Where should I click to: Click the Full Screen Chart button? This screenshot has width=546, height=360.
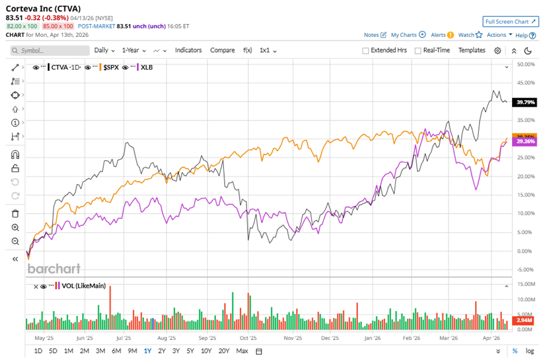pyautogui.click(x=511, y=22)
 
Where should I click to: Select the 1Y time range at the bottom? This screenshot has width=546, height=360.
pyautogui.click(x=147, y=351)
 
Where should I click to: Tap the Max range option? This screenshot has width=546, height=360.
pyautogui.click(x=242, y=351)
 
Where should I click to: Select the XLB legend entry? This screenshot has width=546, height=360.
pyautogui.click(x=146, y=67)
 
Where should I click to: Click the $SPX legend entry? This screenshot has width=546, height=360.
pyautogui.click(x=111, y=67)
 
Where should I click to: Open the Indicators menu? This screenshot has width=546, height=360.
pyautogui.click(x=188, y=50)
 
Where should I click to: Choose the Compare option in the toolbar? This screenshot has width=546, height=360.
pyautogui.click(x=222, y=50)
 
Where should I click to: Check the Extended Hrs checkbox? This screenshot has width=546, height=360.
pyautogui.click(x=366, y=51)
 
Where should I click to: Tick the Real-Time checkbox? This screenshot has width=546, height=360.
pyautogui.click(x=418, y=51)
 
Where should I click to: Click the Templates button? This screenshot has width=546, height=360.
pyautogui.click(x=472, y=50)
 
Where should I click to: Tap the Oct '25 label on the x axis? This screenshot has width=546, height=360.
pyautogui.click(x=248, y=339)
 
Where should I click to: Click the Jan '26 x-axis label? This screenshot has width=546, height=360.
pyautogui.click(x=373, y=339)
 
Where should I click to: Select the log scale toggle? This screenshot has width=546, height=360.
pyautogui.click(x=530, y=351)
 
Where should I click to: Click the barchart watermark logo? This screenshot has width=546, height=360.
pyautogui.click(x=54, y=269)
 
